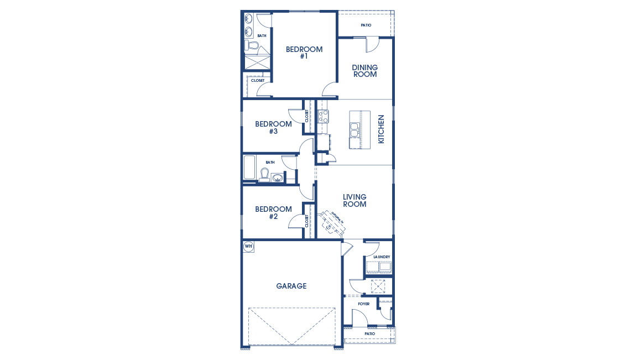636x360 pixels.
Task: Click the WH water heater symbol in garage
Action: click(x=249, y=247)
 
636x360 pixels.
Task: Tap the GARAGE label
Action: click(x=291, y=286)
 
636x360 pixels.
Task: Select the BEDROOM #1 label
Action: click(x=304, y=53)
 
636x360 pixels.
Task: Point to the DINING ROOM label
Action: click(x=365, y=71)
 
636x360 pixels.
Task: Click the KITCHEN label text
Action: click(x=380, y=129)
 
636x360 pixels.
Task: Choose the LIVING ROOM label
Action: click(x=355, y=201)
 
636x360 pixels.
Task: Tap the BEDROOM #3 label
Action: click(x=273, y=128)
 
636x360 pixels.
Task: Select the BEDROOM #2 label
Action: click(x=273, y=213)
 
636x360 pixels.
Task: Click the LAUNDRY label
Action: click(x=382, y=257)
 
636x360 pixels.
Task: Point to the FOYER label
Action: click(x=363, y=304)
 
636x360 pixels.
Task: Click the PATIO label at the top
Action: click(x=366, y=25)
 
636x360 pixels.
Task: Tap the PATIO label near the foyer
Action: click(x=369, y=334)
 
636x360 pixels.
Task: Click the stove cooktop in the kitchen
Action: click(x=323, y=116)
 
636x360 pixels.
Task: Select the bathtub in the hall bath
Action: click(x=250, y=168)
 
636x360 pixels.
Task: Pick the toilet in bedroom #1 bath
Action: click(x=251, y=45)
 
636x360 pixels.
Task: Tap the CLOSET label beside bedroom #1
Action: click(x=258, y=81)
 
